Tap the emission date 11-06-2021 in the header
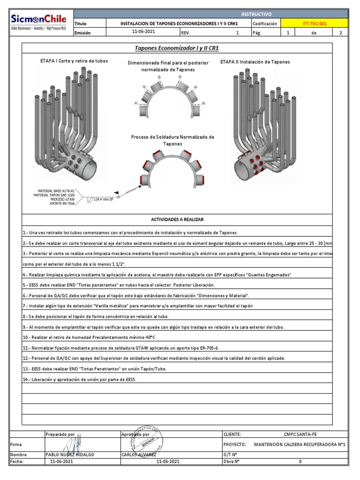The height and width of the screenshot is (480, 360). tap(143, 32)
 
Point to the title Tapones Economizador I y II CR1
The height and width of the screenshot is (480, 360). tap(177, 48)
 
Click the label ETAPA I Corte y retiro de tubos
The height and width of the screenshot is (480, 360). tap(74, 61)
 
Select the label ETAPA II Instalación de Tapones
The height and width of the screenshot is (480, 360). tap(255, 62)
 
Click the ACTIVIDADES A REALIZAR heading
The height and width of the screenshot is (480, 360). tap(177, 219)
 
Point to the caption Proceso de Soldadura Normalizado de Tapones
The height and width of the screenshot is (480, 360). tap(172, 140)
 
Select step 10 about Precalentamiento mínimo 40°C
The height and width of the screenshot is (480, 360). tap(89, 337)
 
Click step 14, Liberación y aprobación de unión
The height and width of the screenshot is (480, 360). tap(79, 379)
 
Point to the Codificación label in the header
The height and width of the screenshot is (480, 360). tap(265, 23)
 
